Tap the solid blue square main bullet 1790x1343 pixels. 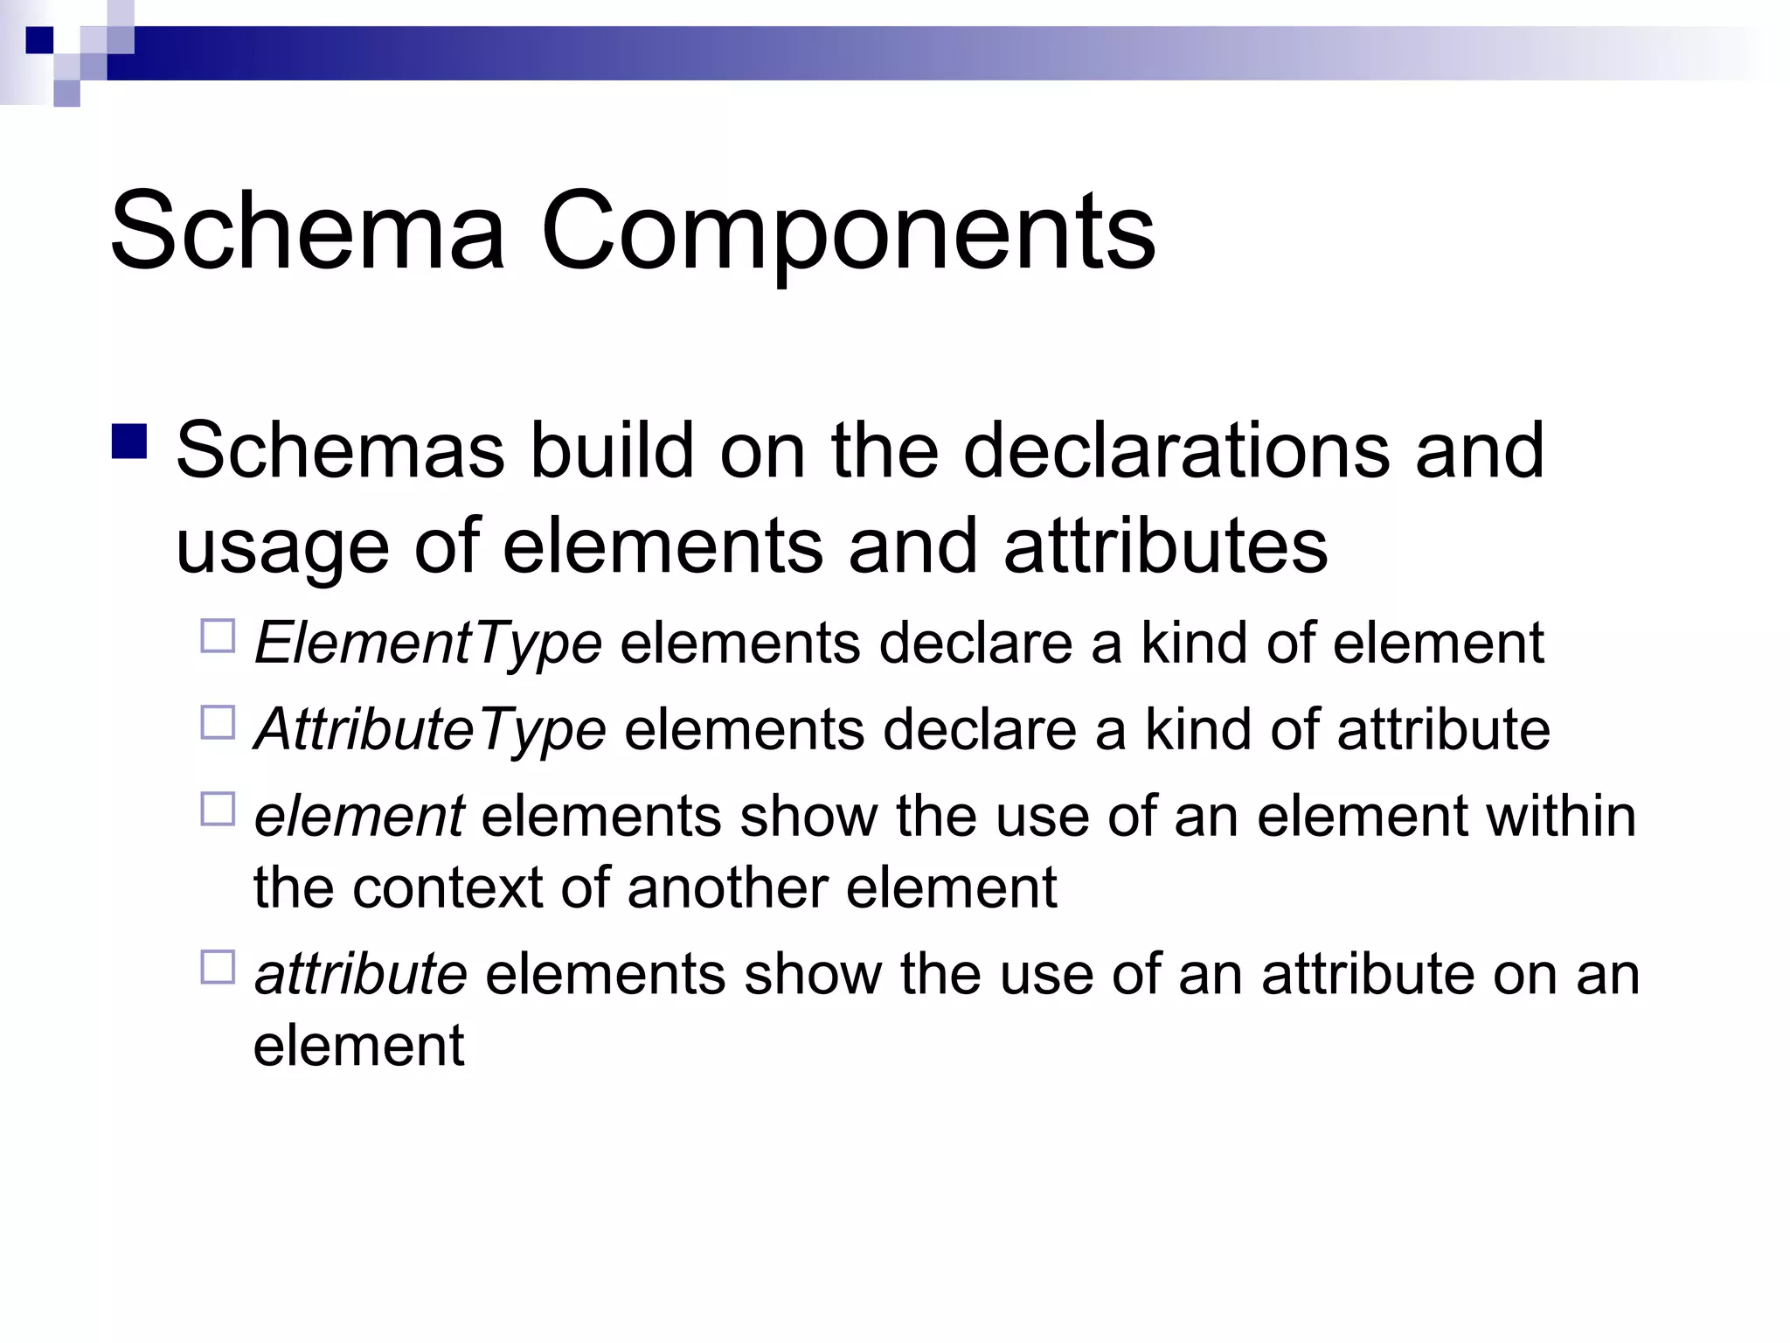click(128, 442)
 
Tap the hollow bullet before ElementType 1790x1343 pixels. click(218, 637)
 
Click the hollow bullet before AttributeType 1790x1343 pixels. click(218, 723)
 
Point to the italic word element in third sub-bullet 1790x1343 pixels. click(358, 817)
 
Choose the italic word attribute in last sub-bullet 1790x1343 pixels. click(360, 974)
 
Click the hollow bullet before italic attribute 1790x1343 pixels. click(218, 968)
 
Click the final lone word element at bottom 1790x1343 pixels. click(358, 1046)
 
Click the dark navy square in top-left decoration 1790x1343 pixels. click(39, 40)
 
